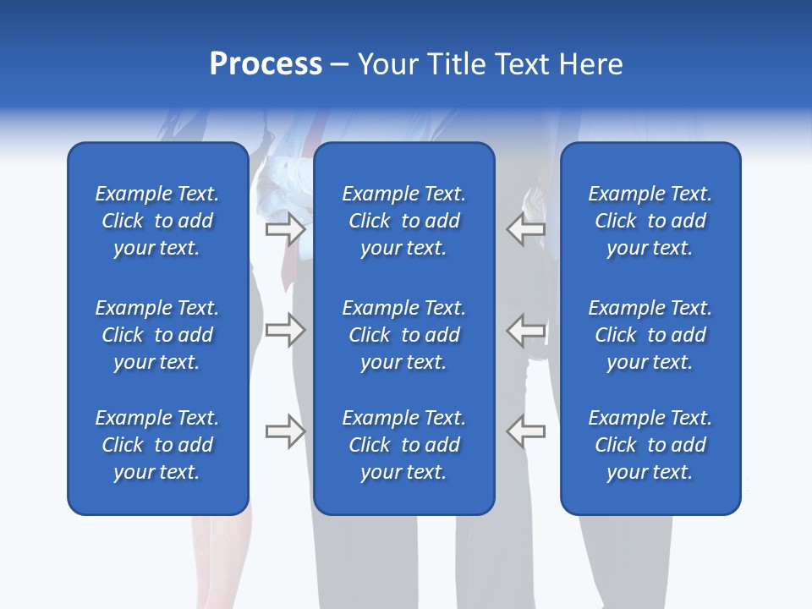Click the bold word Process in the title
(266, 64)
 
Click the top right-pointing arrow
(285, 229)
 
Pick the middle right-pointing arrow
(285, 330)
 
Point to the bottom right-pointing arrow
(285, 431)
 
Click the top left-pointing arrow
(526, 229)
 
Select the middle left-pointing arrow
(526, 330)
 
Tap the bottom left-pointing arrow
(526, 431)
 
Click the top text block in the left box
(157, 221)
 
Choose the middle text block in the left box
(157, 335)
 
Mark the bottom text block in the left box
(157, 445)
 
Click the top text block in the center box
(403, 221)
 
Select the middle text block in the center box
(403, 335)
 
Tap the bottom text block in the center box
(403, 445)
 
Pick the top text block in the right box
(650, 221)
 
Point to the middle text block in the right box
(650, 335)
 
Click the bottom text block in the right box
(650, 445)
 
